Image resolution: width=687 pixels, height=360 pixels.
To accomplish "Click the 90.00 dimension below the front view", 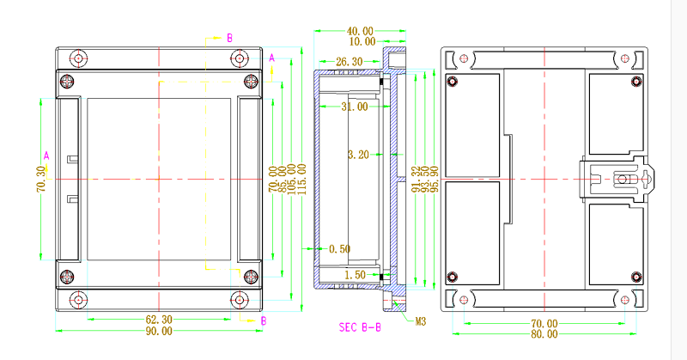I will point(158,331).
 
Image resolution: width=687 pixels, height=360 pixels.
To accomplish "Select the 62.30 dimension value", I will point(158,320).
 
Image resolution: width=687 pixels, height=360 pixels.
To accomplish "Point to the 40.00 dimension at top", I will point(360,31).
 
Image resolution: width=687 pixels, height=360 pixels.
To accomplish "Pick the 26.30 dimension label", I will point(349,62).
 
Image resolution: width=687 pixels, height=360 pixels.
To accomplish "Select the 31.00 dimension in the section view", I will point(354,107).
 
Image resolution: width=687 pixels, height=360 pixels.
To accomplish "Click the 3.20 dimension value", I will point(357,156).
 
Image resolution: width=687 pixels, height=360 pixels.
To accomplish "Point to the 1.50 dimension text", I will point(355,275).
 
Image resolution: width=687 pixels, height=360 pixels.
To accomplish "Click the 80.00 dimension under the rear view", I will point(544,334).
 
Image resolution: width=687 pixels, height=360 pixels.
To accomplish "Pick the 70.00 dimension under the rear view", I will point(544,324).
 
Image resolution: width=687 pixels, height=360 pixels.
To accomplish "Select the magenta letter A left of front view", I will point(46,155).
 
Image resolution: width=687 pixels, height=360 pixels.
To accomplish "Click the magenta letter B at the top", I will point(229,39).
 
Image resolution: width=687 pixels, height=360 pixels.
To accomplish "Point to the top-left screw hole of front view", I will point(79,58).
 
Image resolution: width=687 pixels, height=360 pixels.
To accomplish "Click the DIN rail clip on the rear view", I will point(620,180).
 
